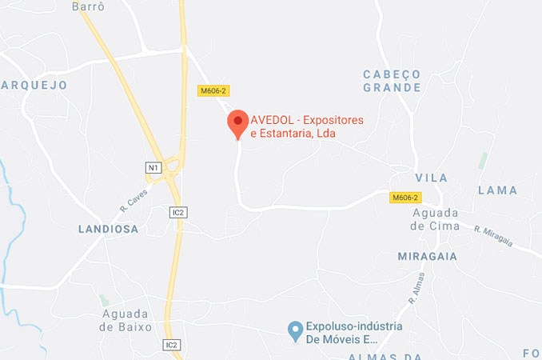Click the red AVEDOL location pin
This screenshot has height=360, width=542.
tap(237, 123)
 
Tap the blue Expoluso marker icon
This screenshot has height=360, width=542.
tap(295, 328)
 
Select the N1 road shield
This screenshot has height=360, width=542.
tap(153, 167)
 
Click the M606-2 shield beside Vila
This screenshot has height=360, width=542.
tap(405, 197)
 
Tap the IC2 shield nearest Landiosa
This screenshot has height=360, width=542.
tap(178, 212)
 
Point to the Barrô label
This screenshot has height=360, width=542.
tap(89, 6)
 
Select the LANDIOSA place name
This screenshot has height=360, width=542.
tap(108, 229)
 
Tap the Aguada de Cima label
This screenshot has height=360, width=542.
tap(436, 218)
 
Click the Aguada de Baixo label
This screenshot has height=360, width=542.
tap(126, 320)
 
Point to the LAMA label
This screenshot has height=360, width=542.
tap(497, 190)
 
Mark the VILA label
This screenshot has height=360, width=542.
tap(432, 178)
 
